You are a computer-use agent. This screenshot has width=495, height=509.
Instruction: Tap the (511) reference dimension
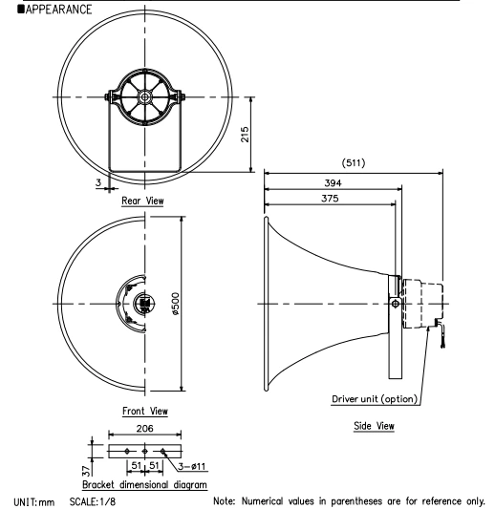coord(354,162)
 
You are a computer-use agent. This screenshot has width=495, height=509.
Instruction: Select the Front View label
coord(146,412)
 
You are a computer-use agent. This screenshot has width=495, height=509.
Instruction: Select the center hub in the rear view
coord(144,97)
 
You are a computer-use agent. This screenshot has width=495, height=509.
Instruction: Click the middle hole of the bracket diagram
coord(144,451)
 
